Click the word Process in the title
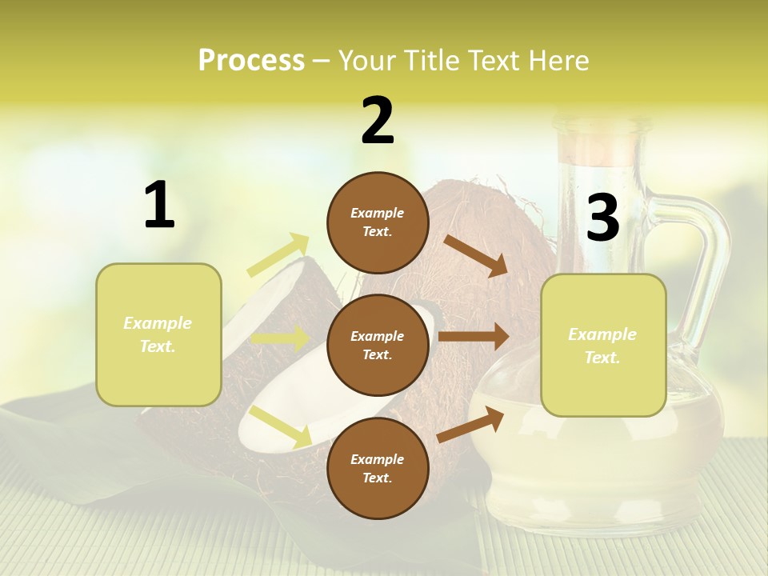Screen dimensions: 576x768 (251, 60)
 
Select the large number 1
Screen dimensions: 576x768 (159, 206)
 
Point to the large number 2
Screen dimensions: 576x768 (378, 121)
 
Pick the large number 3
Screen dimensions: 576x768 (602, 218)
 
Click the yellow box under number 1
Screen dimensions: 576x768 (158, 334)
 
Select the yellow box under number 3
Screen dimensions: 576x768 (603, 345)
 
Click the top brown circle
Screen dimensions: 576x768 (378, 222)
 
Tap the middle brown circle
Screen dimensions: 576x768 (378, 345)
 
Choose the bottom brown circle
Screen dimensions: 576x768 (378, 468)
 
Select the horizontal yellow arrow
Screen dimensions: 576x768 (280, 338)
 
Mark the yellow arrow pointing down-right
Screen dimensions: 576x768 (281, 426)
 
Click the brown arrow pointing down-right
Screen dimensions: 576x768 (476, 255)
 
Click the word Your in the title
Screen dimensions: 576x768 (367, 60)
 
